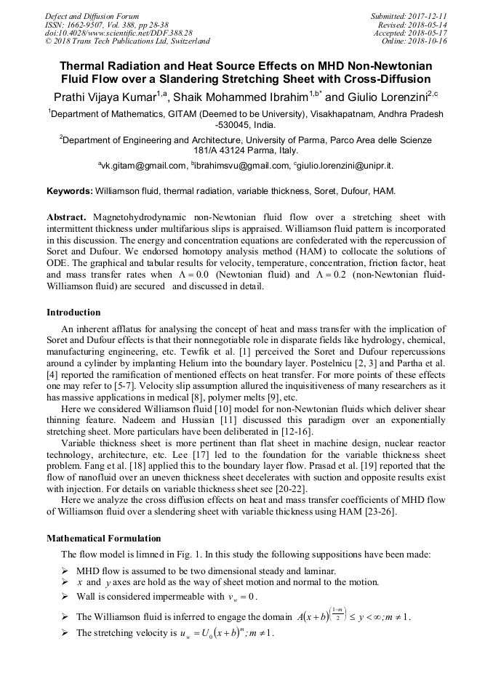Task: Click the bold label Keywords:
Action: pos(69,191)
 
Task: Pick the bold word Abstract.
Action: pos(66,217)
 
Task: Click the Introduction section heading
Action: pos(73,313)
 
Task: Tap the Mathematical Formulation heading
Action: pos(104,539)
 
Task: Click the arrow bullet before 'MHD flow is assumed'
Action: pos(66,571)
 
